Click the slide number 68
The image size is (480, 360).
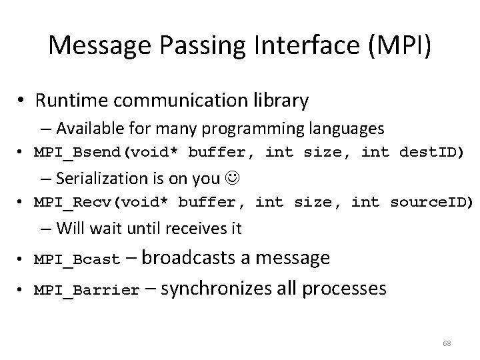[447, 343]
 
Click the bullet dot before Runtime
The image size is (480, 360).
[22, 101]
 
